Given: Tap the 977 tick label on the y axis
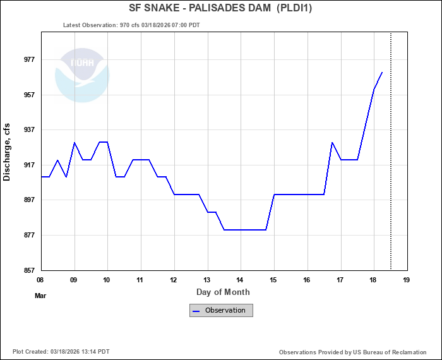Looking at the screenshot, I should click(x=29, y=60).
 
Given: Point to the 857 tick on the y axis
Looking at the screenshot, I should click(x=29, y=270).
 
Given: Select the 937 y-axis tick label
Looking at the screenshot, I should click(x=29, y=130).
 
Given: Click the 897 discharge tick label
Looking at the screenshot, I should click(x=29, y=200).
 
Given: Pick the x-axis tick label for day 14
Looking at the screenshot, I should click(x=240, y=280).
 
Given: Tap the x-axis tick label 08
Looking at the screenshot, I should click(x=40, y=280).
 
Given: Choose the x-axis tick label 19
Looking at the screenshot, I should click(x=406, y=280).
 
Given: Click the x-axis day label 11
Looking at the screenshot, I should click(x=140, y=280).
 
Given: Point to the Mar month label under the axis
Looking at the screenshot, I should click(x=40, y=295).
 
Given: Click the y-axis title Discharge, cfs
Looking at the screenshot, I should click(x=8, y=152).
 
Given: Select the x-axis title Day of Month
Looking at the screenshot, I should click(x=223, y=292).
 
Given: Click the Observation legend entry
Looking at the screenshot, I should click(x=221, y=310).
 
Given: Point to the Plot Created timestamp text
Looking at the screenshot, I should click(x=61, y=352).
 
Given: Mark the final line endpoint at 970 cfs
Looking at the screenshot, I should click(x=382, y=72).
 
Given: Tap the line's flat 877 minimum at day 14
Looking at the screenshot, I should click(x=240, y=230).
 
